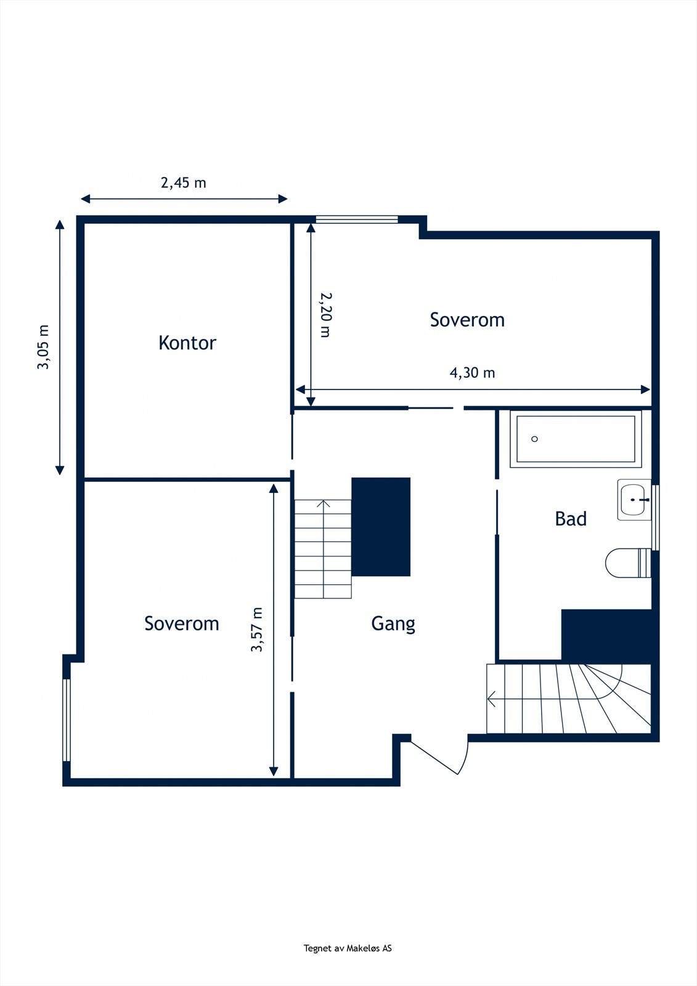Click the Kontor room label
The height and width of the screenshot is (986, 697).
pyautogui.click(x=187, y=343)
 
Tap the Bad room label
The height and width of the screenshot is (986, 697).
pyautogui.click(x=571, y=519)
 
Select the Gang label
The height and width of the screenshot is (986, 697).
pyautogui.click(x=393, y=624)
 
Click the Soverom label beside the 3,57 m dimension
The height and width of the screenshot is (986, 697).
pyautogui.click(x=182, y=624)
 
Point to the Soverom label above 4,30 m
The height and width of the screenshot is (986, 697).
pyautogui.click(x=467, y=320)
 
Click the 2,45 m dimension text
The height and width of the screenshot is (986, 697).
pyautogui.click(x=184, y=183)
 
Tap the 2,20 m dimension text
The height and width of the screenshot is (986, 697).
pyautogui.click(x=325, y=314)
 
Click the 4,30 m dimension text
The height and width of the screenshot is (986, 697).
pyautogui.click(x=472, y=373)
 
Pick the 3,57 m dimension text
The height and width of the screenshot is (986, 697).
pyautogui.click(x=257, y=630)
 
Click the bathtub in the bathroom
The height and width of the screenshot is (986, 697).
pyautogui.click(x=576, y=439)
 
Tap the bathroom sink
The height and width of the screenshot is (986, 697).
pyautogui.click(x=634, y=500)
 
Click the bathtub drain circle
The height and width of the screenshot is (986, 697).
pyautogui.click(x=535, y=439)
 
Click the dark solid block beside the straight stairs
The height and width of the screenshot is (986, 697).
pyautogui.click(x=381, y=526)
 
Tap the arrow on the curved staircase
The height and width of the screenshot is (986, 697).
pyautogui.click(x=493, y=699)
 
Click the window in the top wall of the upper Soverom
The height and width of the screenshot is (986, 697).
pyautogui.click(x=357, y=219)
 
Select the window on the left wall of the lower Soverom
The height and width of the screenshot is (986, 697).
pyautogui.click(x=67, y=720)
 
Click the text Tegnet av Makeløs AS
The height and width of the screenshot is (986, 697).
pyautogui.click(x=348, y=948)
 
